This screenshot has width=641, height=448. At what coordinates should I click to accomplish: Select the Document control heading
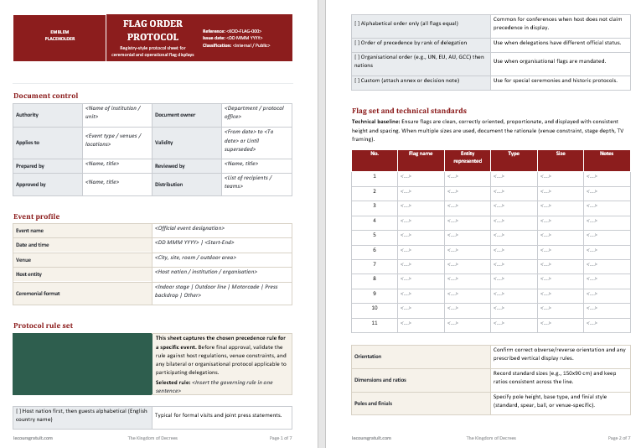[x=46, y=96]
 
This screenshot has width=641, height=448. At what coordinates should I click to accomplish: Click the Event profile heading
[x=37, y=216]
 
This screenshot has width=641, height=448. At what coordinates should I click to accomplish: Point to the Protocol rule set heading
[x=44, y=325]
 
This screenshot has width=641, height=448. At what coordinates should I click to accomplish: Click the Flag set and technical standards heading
[x=409, y=111]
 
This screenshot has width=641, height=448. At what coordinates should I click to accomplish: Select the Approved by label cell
[x=31, y=184]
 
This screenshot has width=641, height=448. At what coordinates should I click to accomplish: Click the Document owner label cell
[x=175, y=114]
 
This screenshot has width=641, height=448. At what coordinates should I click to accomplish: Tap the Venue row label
[x=23, y=259]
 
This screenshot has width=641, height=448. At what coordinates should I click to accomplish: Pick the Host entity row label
[x=28, y=274]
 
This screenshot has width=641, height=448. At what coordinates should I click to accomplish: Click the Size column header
[x=561, y=154]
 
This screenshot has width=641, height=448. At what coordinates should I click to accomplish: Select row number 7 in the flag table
[x=375, y=264]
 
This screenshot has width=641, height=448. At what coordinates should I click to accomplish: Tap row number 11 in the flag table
[x=375, y=322]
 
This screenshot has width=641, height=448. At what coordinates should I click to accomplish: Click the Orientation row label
[x=369, y=356]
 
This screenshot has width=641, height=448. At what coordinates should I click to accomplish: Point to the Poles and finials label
[x=375, y=403]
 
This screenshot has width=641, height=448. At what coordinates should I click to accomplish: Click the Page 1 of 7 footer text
[x=280, y=438]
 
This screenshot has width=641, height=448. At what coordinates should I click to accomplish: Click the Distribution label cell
[x=169, y=184]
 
